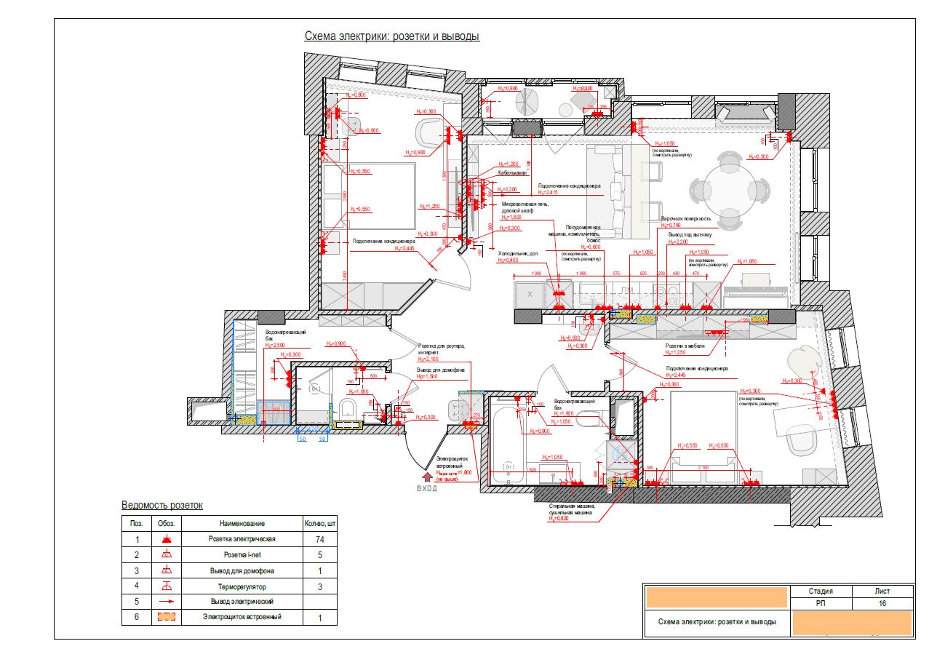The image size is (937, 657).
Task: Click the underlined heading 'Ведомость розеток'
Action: (x=162, y=505)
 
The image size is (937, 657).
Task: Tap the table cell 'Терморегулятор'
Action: (x=242, y=586)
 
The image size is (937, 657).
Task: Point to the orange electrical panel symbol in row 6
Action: (x=167, y=617)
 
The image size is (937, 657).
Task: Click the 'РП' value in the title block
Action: (x=820, y=604)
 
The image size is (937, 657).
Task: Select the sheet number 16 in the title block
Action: (x=882, y=604)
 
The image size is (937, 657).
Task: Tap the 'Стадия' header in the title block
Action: (x=820, y=592)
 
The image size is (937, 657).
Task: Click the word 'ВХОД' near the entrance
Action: (x=427, y=489)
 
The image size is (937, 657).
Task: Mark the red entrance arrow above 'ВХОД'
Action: (x=427, y=477)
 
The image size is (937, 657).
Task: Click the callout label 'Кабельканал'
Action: (x=512, y=174)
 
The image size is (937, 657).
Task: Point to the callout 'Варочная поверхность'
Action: (x=685, y=218)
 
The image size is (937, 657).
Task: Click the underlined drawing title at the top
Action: (x=391, y=36)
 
